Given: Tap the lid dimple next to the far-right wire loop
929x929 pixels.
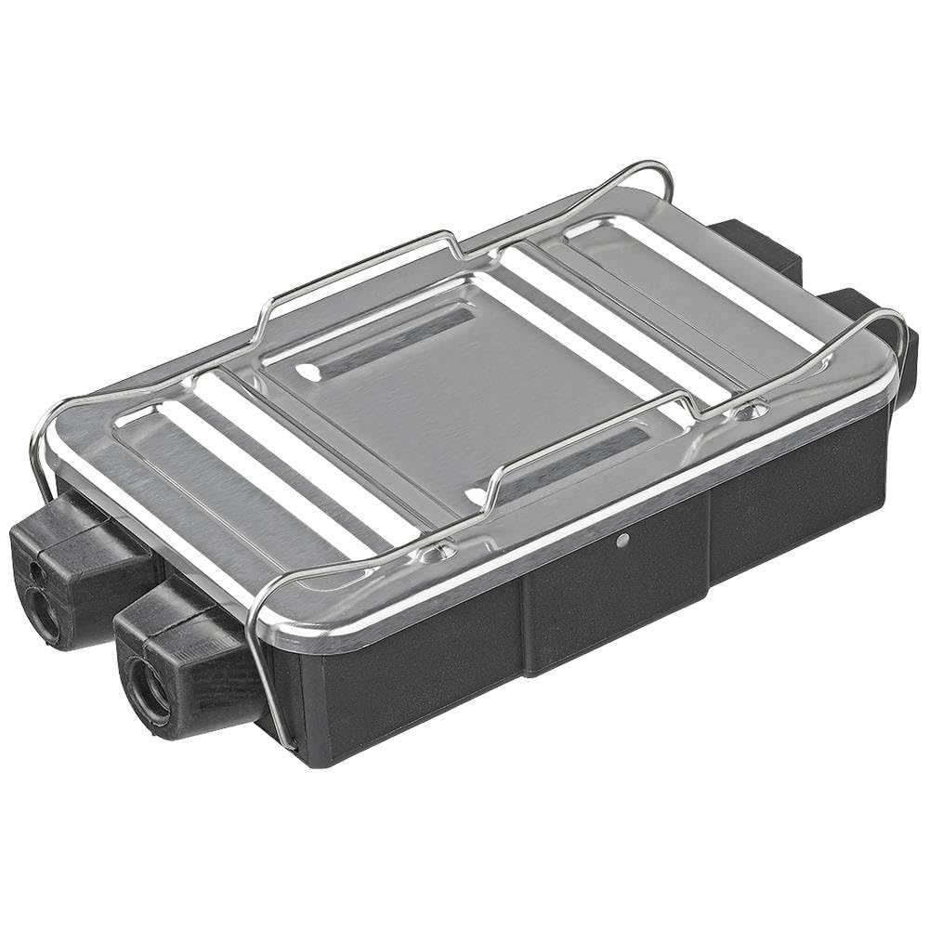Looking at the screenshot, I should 751,409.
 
